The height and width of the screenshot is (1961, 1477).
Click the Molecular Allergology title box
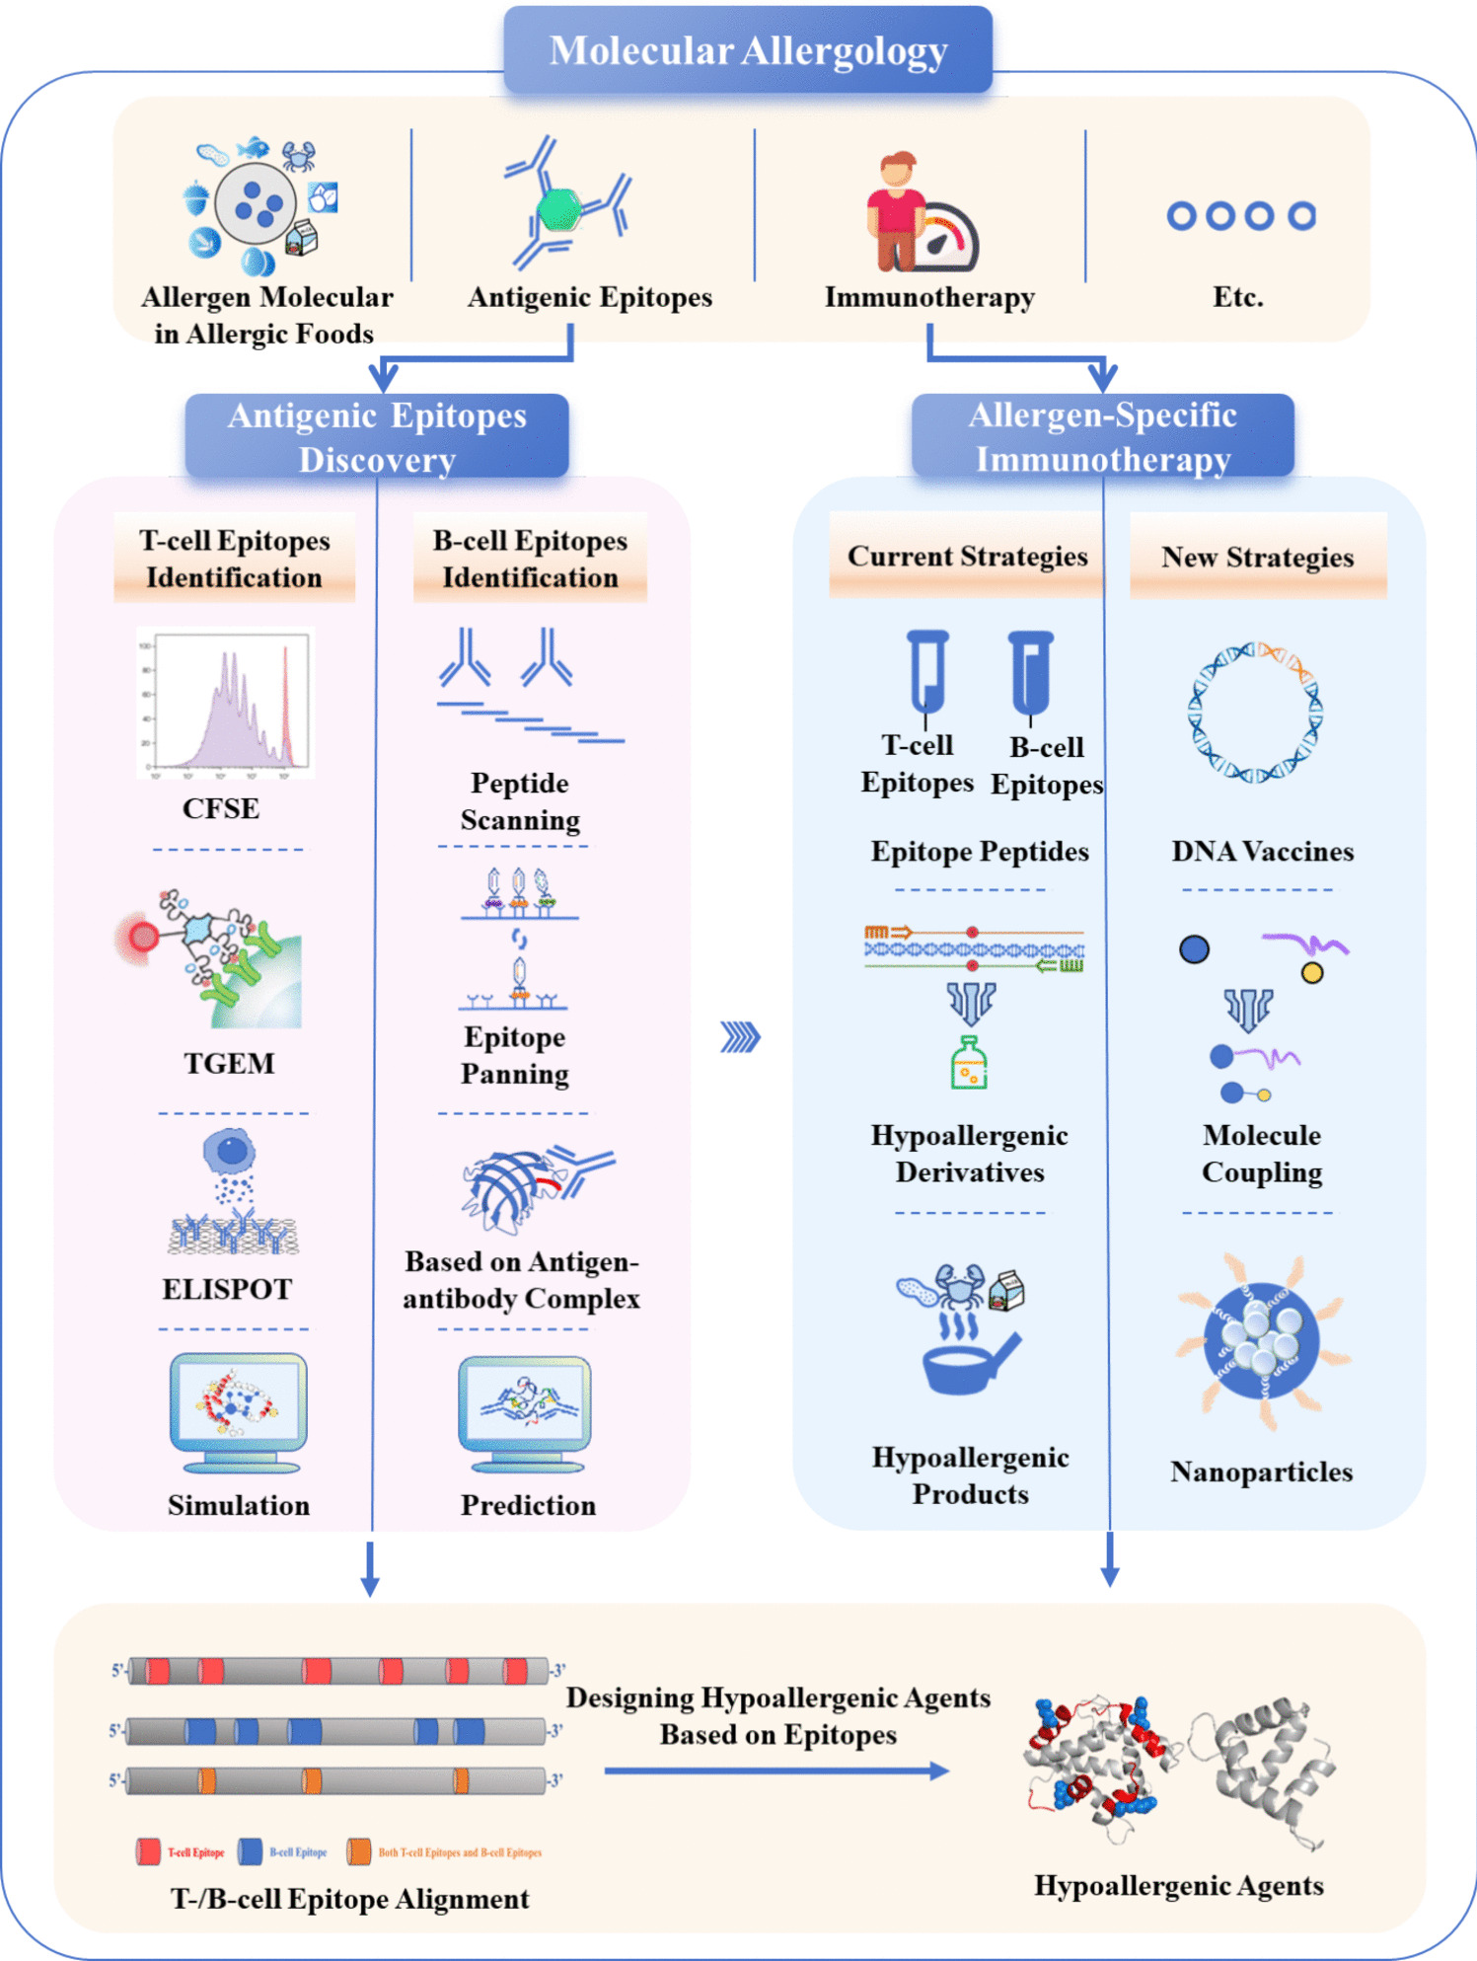point(748,50)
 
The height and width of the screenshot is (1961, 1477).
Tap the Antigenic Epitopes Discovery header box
point(377,437)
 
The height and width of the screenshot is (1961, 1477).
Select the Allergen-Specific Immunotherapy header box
point(1102,436)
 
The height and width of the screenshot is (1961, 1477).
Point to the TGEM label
point(229,1063)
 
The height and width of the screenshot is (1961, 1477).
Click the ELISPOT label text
point(227,1289)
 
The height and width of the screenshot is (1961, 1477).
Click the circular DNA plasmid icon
point(1255,712)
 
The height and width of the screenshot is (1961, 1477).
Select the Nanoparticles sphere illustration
point(1261,1341)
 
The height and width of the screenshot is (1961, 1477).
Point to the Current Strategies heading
point(967,557)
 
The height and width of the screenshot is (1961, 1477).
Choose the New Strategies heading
point(1257,558)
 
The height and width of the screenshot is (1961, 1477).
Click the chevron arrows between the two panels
point(740,1037)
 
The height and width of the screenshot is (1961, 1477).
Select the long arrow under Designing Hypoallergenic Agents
point(776,1772)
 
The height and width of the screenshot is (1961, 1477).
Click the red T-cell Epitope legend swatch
point(149,1851)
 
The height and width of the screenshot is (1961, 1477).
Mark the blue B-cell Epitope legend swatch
point(251,1851)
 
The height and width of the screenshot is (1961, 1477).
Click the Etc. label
point(1238,297)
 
